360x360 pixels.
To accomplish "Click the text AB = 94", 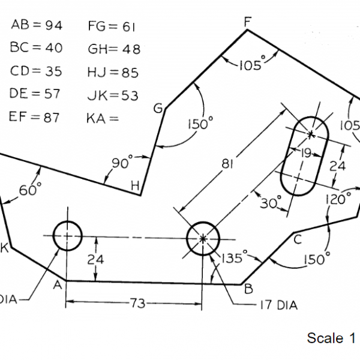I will [x=37, y=25].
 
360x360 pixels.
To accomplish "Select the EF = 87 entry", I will [x=34, y=118].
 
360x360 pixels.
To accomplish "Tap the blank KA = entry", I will [x=103, y=118].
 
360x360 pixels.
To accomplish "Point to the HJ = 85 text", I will [x=113, y=73].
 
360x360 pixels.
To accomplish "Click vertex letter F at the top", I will [x=247, y=22].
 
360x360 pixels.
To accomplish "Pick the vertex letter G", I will [x=158, y=109].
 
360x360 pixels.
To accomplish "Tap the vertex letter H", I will [x=136, y=187].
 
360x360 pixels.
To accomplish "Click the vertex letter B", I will [x=248, y=288].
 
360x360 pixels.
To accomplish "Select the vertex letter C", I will [x=297, y=241].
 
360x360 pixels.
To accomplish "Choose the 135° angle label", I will [x=230, y=259].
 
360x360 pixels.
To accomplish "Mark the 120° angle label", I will [x=338, y=199].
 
